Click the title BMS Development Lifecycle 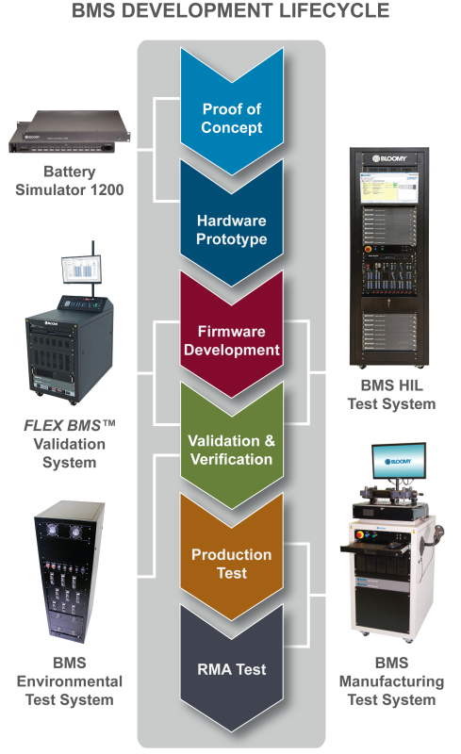tap(231, 12)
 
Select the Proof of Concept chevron tap(232, 119)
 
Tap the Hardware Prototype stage tap(232, 230)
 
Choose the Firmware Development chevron tap(232, 340)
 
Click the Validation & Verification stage tap(231, 450)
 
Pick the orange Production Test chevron tap(232, 563)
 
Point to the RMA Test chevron tap(232, 670)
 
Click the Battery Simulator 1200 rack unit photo tap(69, 133)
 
